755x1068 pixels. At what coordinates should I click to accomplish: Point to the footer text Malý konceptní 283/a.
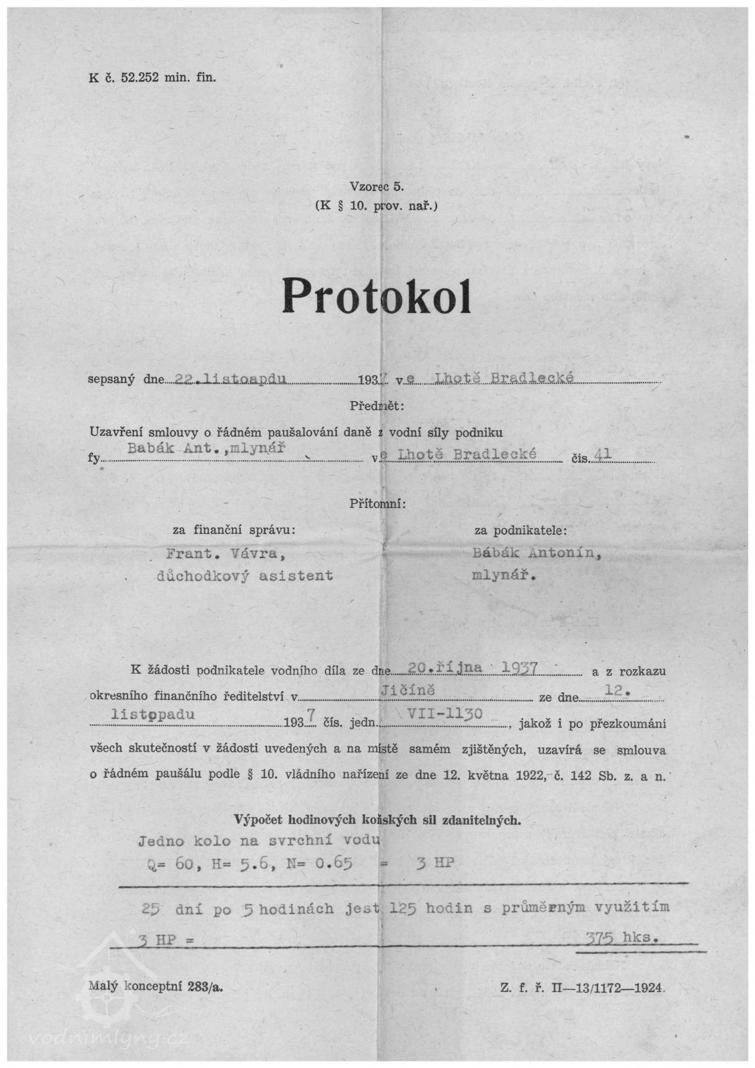point(155,988)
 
